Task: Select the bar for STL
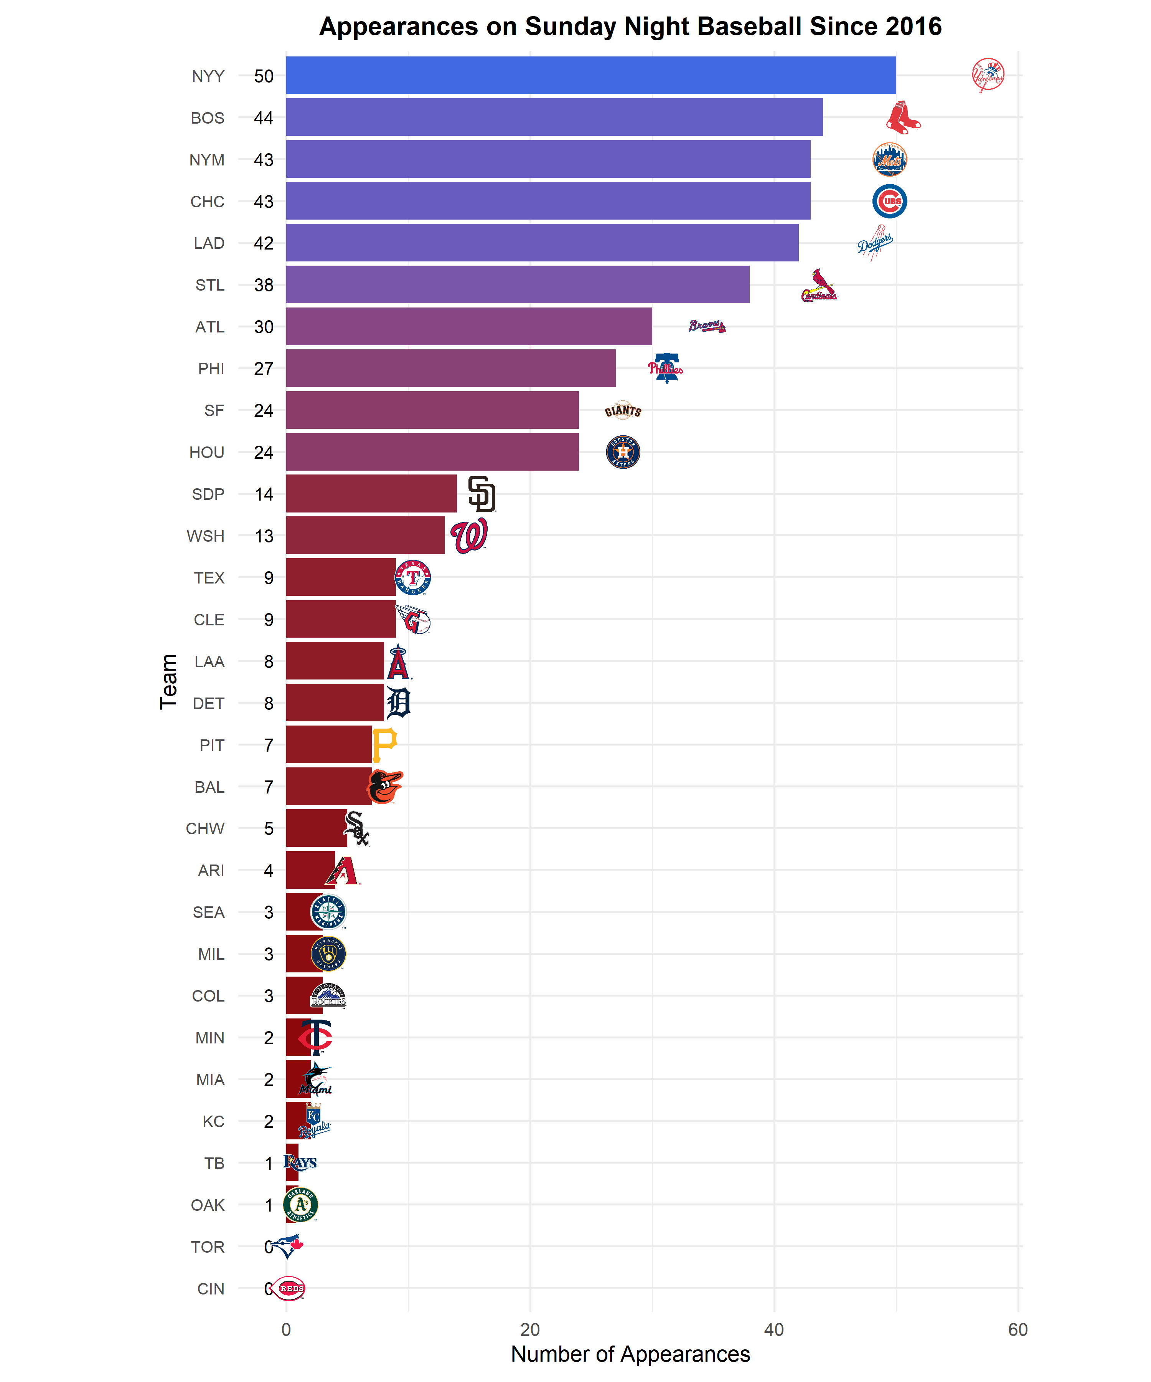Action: pos(518,284)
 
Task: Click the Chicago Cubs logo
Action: pos(889,201)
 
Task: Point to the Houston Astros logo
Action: pos(622,452)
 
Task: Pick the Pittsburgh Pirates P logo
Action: pos(384,744)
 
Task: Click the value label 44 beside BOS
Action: pos(263,118)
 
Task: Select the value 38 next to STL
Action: pos(263,285)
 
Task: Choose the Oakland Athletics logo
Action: pos(300,1204)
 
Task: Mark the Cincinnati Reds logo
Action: pos(289,1288)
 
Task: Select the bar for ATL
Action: pos(469,326)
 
